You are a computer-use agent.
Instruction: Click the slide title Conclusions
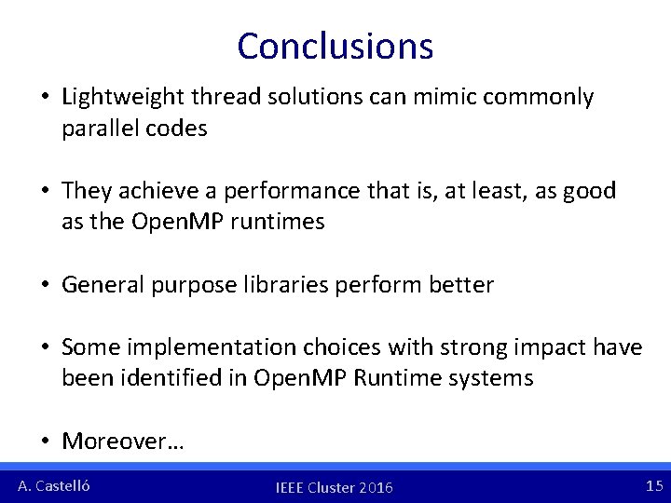click(335, 46)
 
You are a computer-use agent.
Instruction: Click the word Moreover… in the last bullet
click(123, 441)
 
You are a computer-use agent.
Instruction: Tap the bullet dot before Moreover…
click(46, 442)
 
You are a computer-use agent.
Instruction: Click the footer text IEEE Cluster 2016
click(335, 487)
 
